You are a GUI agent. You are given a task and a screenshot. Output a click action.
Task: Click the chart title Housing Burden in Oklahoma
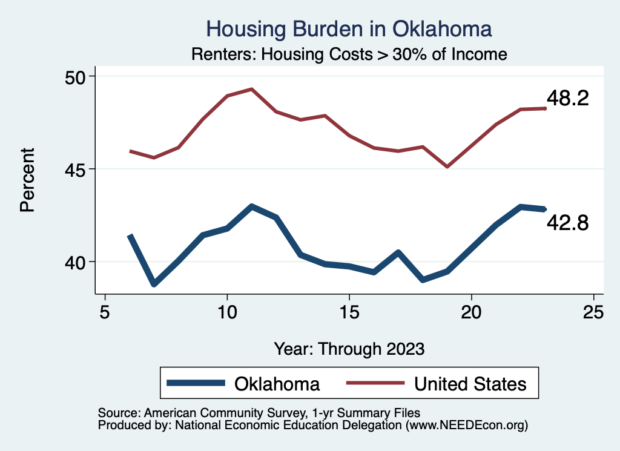pyautogui.click(x=349, y=29)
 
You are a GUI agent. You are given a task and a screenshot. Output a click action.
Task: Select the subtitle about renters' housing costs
pyautogui.click(x=349, y=54)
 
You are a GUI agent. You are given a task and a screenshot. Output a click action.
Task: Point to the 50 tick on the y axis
pyautogui.click(x=77, y=76)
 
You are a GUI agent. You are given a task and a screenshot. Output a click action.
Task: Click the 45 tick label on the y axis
pyautogui.click(x=77, y=169)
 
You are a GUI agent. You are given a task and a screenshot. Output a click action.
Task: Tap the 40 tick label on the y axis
pyautogui.click(x=77, y=262)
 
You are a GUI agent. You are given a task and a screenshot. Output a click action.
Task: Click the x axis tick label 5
pyautogui.click(x=105, y=312)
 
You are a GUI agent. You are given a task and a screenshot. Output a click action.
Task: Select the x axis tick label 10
pyautogui.click(x=227, y=312)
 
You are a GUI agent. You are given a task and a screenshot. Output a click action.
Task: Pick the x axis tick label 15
pyautogui.click(x=349, y=312)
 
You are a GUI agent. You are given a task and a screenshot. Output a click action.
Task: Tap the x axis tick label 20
pyautogui.click(x=472, y=312)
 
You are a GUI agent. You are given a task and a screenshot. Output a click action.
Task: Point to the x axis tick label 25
pyautogui.click(x=593, y=312)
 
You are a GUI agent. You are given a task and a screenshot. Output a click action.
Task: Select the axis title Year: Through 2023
pyautogui.click(x=349, y=349)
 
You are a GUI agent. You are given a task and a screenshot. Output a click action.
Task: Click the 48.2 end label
pyautogui.click(x=567, y=99)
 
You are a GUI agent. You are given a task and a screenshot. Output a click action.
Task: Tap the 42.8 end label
pyautogui.click(x=567, y=223)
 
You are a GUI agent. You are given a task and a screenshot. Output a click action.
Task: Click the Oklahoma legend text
pyautogui.click(x=277, y=383)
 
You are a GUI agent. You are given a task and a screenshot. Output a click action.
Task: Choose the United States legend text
pyautogui.click(x=470, y=383)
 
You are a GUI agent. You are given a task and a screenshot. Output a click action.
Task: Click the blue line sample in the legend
pyautogui.click(x=196, y=383)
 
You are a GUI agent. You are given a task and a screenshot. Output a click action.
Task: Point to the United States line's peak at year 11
pyautogui.click(x=251, y=89)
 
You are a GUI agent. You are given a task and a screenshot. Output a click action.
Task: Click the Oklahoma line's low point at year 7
pyautogui.click(x=154, y=284)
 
